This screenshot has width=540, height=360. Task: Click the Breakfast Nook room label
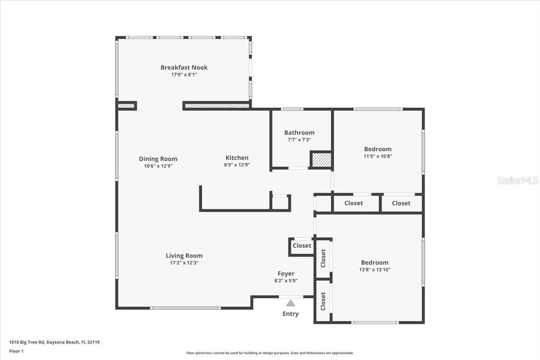[x=184, y=67]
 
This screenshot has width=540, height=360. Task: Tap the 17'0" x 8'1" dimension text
[x=184, y=75]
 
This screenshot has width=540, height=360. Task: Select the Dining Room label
[x=158, y=159]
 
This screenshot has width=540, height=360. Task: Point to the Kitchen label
[x=237, y=158]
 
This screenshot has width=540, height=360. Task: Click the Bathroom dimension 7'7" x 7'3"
[x=299, y=140]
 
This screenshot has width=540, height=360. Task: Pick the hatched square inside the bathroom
[x=321, y=160]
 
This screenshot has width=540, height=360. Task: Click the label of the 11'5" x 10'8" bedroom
[x=378, y=149]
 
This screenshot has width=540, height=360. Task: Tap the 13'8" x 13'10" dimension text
[x=374, y=270]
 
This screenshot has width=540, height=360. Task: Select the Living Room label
[x=184, y=256]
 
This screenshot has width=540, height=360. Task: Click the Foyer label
[x=286, y=274]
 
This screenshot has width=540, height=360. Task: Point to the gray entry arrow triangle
[x=291, y=303]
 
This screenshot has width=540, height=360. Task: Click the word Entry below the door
[x=290, y=314]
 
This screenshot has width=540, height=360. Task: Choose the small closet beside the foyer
[x=301, y=246]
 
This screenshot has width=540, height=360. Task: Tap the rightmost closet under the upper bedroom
[x=401, y=203]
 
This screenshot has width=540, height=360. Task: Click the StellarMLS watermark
[x=517, y=180]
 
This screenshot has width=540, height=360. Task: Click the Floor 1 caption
[x=16, y=351]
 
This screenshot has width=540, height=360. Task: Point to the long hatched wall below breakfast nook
[x=217, y=106]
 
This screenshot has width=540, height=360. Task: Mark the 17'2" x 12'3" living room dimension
[x=184, y=263]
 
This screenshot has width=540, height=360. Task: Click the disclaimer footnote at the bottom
[x=270, y=353]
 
